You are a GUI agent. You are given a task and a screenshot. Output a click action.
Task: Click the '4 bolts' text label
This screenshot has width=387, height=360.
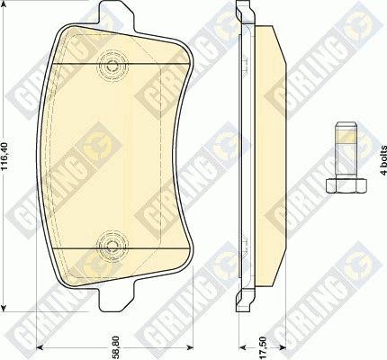[x=381, y=158]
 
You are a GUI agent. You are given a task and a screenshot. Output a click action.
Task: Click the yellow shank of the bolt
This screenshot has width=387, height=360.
[x=346, y=148]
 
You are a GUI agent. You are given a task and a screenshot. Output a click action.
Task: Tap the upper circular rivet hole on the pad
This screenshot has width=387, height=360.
[x=112, y=64]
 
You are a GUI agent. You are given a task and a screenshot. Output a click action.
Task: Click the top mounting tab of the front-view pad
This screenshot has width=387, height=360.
[x=112, y=19]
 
